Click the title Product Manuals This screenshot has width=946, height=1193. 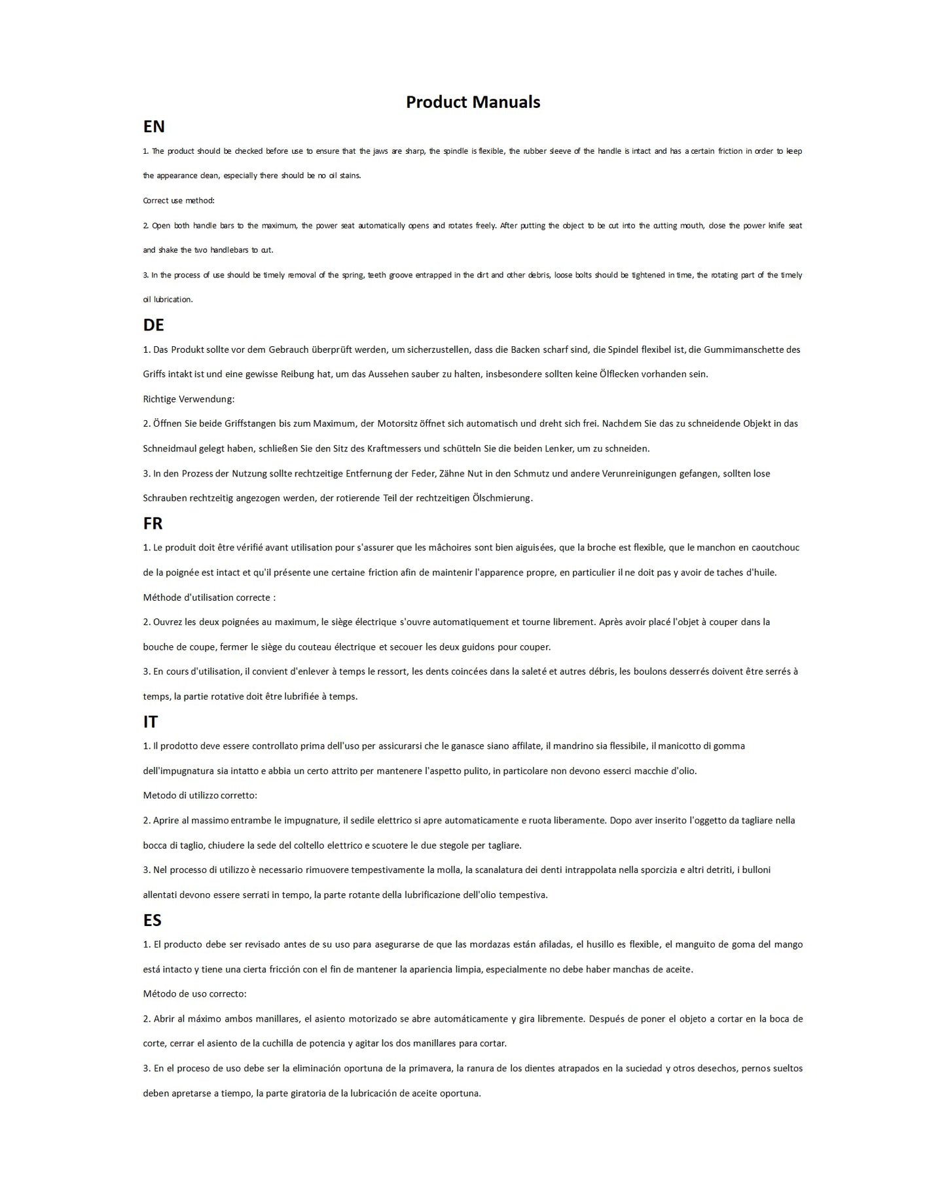tap(473, 102)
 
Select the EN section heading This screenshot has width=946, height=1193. tap(154, 126)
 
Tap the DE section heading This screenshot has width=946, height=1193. tap(153, 325)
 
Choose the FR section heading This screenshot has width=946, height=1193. tap(153, 523)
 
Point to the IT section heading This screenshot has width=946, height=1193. tap(150, 721)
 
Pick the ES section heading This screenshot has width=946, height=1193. tap(152, 920)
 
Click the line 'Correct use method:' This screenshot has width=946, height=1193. tap(179, 200)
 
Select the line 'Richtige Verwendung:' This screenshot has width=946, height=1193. tap(189, 399)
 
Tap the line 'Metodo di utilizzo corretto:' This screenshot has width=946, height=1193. tap(200, 795)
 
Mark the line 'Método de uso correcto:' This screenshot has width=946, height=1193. tap(194, 993)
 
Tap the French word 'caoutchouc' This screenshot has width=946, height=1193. tap(775, 548)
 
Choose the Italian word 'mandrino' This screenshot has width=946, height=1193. tap(573, 746)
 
